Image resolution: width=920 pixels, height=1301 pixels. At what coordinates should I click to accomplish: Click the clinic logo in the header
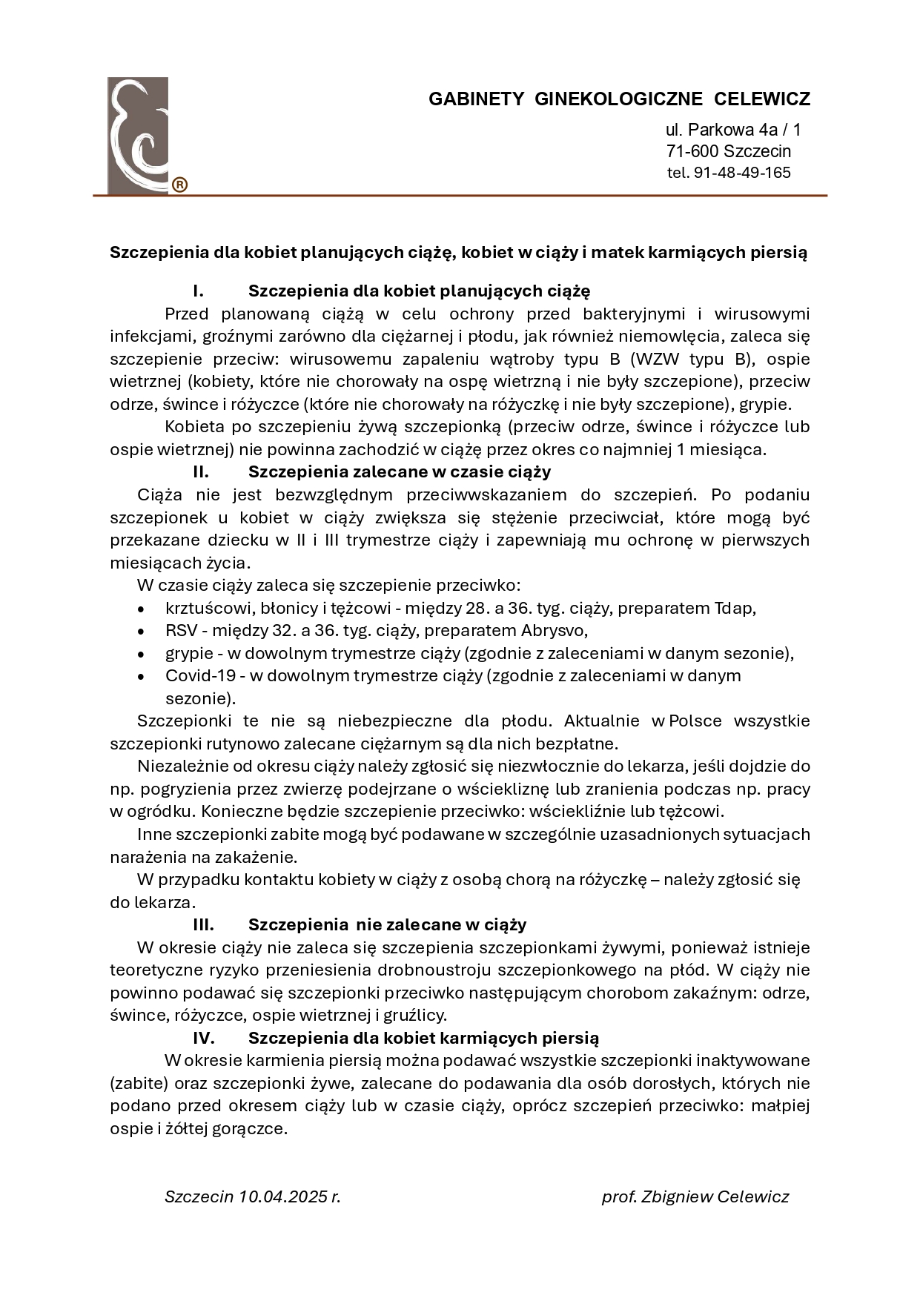139,135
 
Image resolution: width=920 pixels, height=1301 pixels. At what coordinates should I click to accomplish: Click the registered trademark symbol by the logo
179,185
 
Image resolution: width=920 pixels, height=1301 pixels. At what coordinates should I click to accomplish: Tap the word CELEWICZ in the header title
762,99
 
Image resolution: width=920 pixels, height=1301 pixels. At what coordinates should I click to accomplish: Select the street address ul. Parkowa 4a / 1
733,130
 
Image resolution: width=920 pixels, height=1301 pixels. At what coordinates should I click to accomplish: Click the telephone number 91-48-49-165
742,173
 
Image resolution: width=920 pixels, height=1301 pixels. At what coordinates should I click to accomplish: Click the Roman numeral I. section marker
198,291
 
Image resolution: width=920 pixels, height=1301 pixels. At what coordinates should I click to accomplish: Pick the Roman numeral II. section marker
200,471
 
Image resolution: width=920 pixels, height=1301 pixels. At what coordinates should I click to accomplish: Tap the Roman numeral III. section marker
203,924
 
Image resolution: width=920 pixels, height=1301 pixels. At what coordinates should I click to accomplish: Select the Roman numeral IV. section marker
204,1038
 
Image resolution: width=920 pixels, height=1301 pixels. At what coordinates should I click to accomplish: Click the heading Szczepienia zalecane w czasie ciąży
400,471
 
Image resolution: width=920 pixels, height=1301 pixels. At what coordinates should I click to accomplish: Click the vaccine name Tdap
734,608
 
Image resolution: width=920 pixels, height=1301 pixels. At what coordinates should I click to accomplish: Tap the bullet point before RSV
141,632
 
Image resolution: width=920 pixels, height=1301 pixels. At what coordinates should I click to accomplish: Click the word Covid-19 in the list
200,675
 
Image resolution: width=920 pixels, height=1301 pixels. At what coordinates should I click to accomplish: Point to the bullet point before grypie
141,655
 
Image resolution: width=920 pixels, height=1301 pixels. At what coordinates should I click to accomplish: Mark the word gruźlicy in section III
414,1015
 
